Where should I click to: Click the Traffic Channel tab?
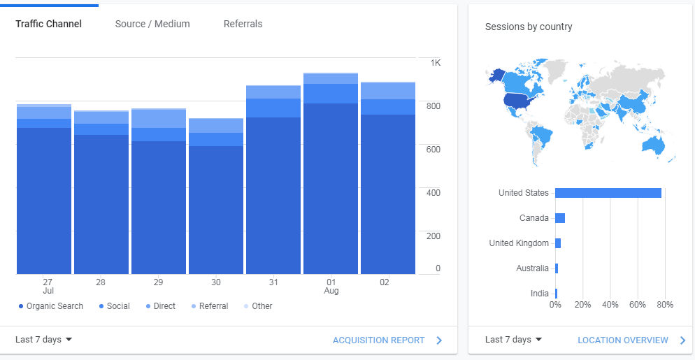[x=48, y=24]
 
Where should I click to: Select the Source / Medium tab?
[x=152, y=24]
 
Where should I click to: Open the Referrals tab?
[x=243, y=24]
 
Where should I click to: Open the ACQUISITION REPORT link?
[x=379, y=340]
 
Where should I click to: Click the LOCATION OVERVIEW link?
[x=623, y=340]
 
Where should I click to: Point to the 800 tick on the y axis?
[x=434, y=106]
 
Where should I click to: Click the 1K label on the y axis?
[x=436, y=63]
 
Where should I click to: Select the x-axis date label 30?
[x=216, y=282]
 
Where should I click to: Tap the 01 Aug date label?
[x=331, y=286]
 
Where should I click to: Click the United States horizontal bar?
[x=608, y=193]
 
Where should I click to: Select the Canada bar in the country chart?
[x=560, y=218]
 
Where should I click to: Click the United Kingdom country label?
[x=519, y=243]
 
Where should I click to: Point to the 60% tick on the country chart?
[x=637, y=305]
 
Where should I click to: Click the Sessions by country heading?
[x=529, y=27]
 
